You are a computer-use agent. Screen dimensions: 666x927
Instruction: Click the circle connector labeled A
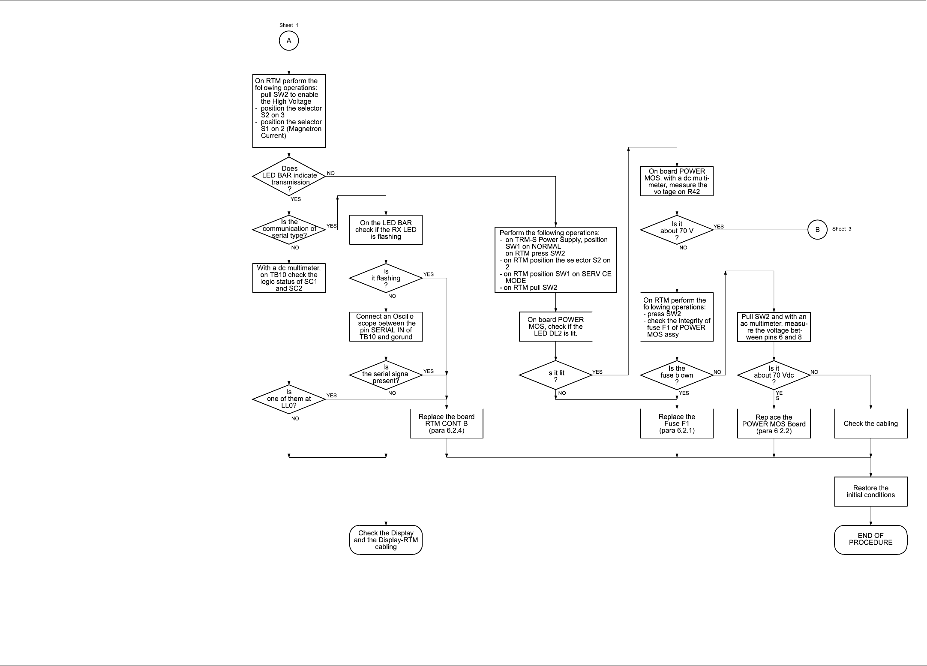[289, 41]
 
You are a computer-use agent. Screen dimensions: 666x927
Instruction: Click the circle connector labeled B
[817, 230]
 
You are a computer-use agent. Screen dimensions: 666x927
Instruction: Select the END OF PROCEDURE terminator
[870, 540]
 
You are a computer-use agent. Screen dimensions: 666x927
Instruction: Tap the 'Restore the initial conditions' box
[870, 492]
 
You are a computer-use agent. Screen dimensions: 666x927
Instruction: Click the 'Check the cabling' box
[870, 423]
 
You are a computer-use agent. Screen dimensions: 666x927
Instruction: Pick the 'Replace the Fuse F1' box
[677, 423]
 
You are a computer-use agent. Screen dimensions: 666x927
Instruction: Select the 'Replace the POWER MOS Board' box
[774, 424]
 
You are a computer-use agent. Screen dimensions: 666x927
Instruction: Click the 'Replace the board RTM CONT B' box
[446, 423]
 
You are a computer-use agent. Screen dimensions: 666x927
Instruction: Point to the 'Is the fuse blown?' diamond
[677, 375]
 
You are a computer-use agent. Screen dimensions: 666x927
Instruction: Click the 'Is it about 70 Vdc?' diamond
[774, 375]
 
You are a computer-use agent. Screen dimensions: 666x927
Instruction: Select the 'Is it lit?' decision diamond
[555, 375]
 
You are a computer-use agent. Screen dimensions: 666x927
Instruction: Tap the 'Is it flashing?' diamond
[386, 278]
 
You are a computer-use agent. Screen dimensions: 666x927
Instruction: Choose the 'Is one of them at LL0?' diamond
[289, 399]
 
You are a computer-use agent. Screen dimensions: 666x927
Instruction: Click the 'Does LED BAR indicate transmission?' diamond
[289, 176]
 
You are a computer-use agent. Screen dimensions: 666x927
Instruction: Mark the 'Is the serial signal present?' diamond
[386, 374]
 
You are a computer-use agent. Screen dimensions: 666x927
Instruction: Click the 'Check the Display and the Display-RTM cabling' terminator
[386, 540]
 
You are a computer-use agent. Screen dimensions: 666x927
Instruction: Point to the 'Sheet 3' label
[842, 229]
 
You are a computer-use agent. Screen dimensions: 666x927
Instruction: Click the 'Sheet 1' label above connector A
[289, 25]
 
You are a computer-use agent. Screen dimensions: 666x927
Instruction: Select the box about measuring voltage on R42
[677, 181]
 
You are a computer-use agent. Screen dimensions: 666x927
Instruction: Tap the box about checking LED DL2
[555, 327]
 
